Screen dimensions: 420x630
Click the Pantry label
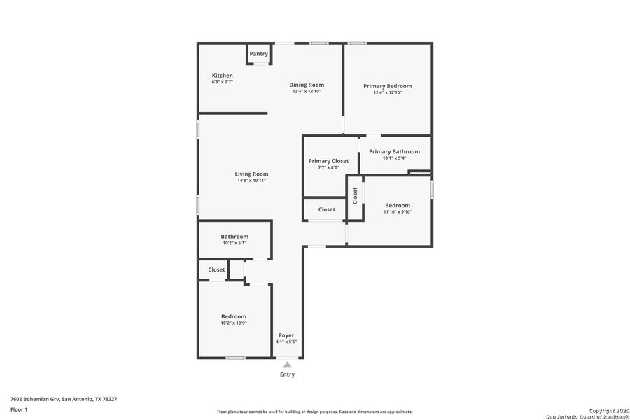click(x=258, y=54)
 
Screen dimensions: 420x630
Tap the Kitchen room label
click(x=223, y=76)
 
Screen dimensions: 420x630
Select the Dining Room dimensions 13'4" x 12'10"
click(x=307, y=92)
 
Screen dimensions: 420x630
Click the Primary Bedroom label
click(x=387, y=86)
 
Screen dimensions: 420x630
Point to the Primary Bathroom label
click(x=394, y=151)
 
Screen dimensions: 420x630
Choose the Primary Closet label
click(x=328, y=161)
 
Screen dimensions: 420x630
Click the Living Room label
click(x=251, y=174)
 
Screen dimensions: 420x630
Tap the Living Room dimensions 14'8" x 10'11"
click(x=251, y=181)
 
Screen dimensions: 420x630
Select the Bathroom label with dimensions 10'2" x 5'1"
click(x=234, y=237)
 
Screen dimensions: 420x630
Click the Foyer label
click(x=286, y=335)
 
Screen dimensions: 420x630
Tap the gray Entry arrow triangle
click(x=287, y=364)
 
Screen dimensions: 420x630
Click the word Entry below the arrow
click(x=287, y=374)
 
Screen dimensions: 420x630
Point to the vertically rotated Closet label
click(x=355, y=195)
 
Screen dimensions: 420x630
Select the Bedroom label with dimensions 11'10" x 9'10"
click(x=398, y=205)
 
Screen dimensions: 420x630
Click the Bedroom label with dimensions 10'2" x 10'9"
click(x=234, y=316)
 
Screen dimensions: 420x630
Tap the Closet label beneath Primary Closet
click(x=327, y=209)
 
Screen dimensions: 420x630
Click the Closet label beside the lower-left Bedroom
click(x=216, y=269)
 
